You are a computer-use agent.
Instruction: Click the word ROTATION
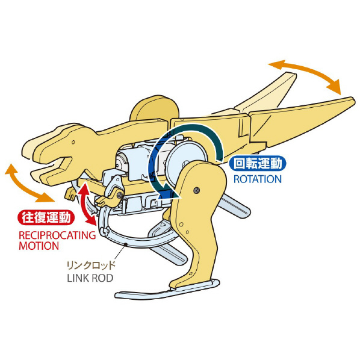pyautogui.click(x=258, y=179)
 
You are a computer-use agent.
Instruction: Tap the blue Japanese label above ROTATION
pyautogui.click(x=258, y=164)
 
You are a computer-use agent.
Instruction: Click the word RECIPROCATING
pyautogui.click(x=57, y=235)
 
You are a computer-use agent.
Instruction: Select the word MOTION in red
pyautogui.click(x=39, y=246)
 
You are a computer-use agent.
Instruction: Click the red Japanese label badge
pyautogui.click(x=46, y=217)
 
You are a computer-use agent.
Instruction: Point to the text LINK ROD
pyautogui.click(x=90, y=278)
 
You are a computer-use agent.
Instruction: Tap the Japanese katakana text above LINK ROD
pyautogui.click(x=91, y=265)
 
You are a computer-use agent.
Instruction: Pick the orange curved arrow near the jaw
pyautogui.click(x=25, y=184)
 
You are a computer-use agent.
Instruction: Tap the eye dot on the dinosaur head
pyautogui.click(x=73, y=142)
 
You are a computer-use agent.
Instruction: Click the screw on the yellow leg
pyautogui.click(x=196, y=190)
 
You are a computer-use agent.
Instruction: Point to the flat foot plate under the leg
pyautogui.click(x=167, y=290)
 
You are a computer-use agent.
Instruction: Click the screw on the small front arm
pyautogui.click(x=119, y=196)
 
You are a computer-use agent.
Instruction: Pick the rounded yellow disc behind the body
pyautogui.click(x=154, y=109)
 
